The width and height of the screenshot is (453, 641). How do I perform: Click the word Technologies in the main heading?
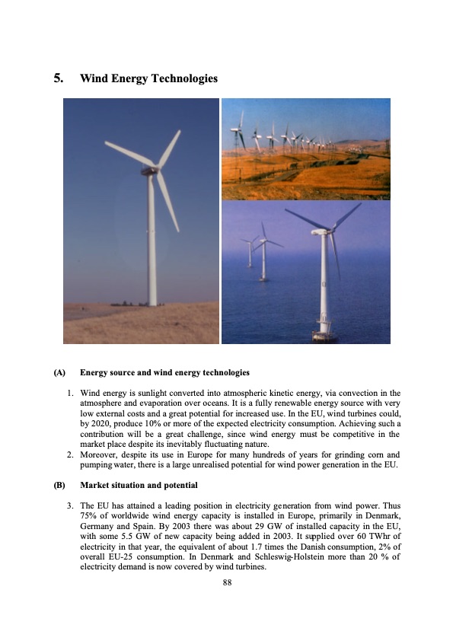pyautogui.click(x=183, y=78)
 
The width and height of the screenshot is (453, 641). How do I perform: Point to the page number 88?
pyautogui.click(x=226, y=583)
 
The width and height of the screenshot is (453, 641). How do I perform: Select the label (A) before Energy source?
pyautogui.click(x=59, y=373)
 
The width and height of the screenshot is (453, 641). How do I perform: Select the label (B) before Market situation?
pyautogui.click(x=59, y=485)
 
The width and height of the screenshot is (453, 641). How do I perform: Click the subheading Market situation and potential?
pyautogui.click(x=139, y=485)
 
